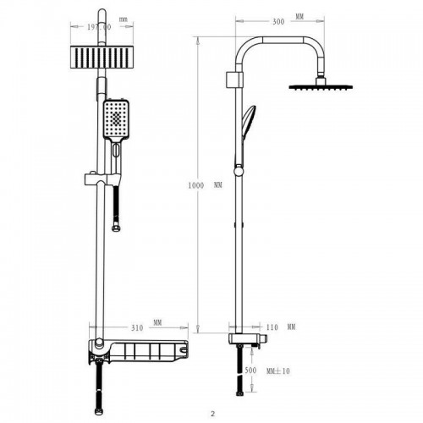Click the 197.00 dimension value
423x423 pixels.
tap(99, 27)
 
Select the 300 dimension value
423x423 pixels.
tap(278, 22)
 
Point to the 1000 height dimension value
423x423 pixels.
tap(196, 185)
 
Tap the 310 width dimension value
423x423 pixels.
tap(137, 328)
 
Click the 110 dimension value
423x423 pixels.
tap(272, 327)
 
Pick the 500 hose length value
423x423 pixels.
tap(250, 371)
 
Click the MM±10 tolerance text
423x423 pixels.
tap(278, 371)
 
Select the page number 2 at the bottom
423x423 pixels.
tap(212, 415)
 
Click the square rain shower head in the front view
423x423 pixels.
tap(102, 58)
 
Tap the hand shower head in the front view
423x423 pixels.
tap(116, 119)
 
